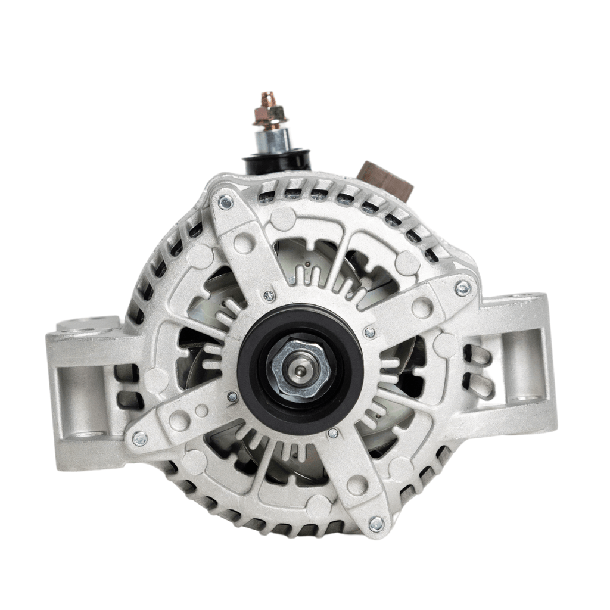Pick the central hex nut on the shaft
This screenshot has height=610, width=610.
(298, 368)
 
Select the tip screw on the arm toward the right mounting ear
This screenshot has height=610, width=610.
(462, 288)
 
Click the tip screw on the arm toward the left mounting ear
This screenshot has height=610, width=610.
(140, 439)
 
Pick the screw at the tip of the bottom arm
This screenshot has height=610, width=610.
(376, 524)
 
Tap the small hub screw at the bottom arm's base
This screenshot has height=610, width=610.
(333, 433)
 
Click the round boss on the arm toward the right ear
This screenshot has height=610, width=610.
(422, 306)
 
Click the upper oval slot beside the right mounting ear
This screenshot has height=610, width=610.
(480, 356)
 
